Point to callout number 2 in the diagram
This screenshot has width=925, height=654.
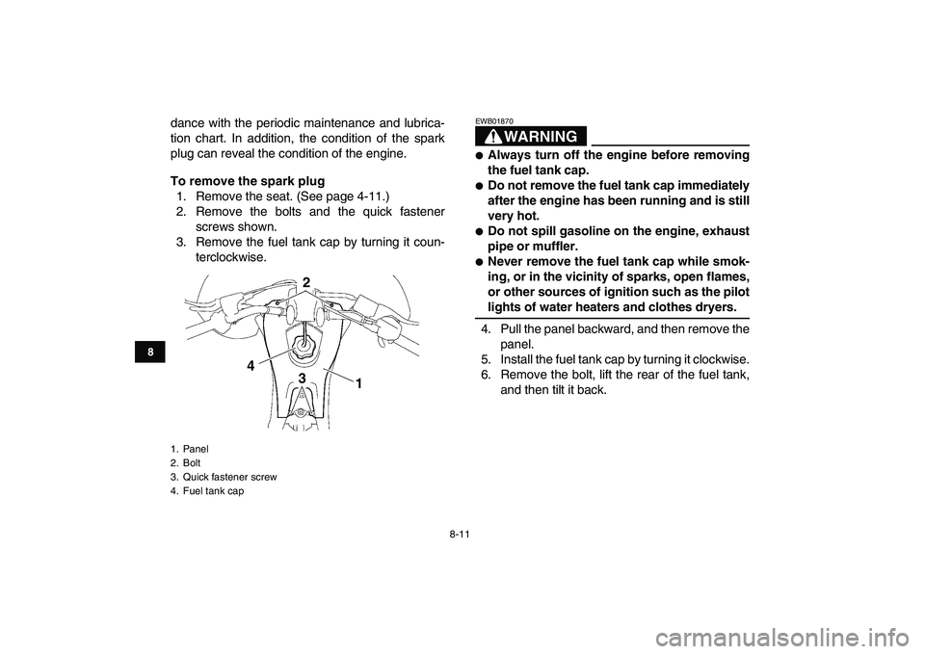click(x=305, y=282)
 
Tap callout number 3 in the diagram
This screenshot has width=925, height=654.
click(x=302, y=379)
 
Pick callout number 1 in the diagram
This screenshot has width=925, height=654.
click(x=357, y=382)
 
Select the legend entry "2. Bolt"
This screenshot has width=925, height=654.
click(x=185, y=462)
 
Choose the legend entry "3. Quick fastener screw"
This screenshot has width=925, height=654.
click(x=223, y=477)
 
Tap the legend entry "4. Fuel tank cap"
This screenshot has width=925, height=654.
click(x=206, y=491)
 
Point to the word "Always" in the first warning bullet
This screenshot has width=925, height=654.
click(x=513, y=155)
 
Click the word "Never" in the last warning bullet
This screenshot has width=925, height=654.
click(x=510, y=262)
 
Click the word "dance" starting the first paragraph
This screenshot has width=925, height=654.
click(x=189, y=123)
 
